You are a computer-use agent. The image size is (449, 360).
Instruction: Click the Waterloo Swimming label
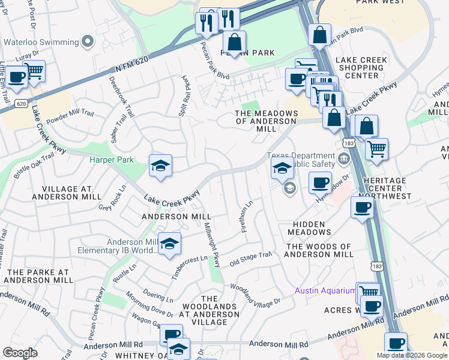pyautogui.click(x=41, y=42)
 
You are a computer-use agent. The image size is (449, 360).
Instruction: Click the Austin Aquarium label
pyautogui.click(x=325, y=290)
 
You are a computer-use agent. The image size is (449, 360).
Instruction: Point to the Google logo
pyautogui.click(x=20, y=353)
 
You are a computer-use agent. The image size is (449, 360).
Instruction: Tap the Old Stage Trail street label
pyautogui.click(x=251, y=257)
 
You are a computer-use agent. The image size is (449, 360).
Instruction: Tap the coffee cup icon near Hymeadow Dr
pyautogui.click(x=321, y=182)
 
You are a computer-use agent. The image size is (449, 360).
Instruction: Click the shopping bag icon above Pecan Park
pyautogui.click(x=234, y=43)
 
